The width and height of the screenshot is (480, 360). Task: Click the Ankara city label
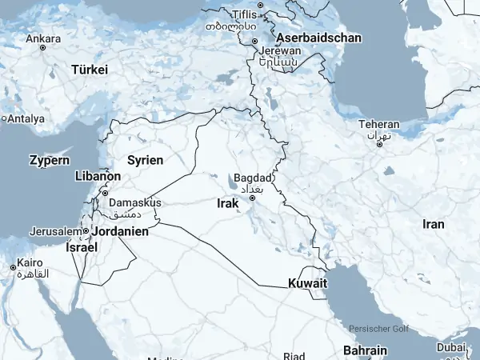pos(43,38)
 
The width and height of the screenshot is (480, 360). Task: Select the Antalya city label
pos(26,118)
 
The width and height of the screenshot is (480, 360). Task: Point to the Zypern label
pos(49,160)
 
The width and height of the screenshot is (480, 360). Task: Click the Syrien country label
pos(145,160)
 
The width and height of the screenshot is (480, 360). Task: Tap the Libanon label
pos(97,176)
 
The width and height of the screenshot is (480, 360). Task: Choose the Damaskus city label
pos(134,202)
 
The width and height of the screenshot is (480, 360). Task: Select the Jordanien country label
pos(121,231)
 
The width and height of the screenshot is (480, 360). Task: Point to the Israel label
pos(82,247)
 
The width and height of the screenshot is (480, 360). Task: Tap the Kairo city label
pos(30,262)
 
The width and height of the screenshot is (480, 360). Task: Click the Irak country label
pos(228,204)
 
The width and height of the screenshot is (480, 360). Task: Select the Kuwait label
pos(308,283)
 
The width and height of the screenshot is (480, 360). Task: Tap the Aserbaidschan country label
pos(318,38)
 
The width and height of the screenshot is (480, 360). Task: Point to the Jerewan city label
pos(279,50)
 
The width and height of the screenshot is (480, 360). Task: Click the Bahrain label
pos(365,350)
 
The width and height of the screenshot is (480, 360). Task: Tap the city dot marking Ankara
pos(43,47)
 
